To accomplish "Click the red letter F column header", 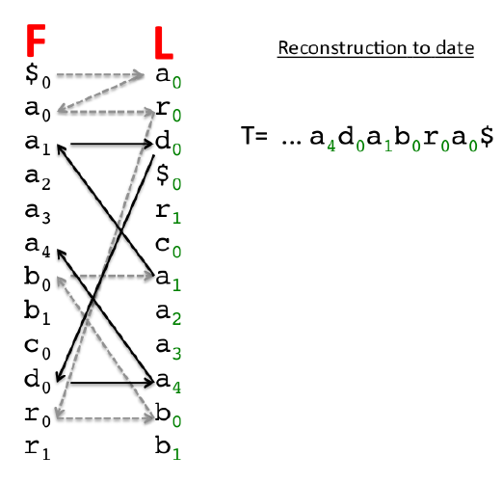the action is (36, 40).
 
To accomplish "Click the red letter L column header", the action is (164, 42).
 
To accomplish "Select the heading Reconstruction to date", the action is (376, 48).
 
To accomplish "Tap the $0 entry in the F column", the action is (38, 76).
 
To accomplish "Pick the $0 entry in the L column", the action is (168, 177).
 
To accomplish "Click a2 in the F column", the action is (38, 178).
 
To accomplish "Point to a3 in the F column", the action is (38, 213).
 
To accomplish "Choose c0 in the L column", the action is (168, 247).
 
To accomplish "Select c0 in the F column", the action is (38, 349).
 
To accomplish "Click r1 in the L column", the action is (168, 213).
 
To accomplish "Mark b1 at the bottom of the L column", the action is (168, 447).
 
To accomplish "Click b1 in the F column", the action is (38, 312).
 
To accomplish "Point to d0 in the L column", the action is (168, 144).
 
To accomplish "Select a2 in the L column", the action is (168, 314).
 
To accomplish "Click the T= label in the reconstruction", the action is (254, 135).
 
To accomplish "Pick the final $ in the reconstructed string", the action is (487, 137).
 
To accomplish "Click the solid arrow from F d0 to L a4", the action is (112, 383).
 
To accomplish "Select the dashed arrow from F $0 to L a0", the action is (100, 75).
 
